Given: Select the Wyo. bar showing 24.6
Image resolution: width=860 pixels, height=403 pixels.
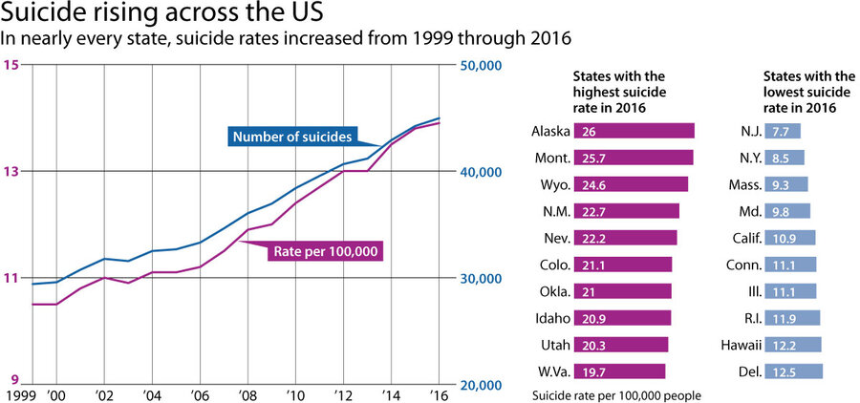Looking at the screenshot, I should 631,184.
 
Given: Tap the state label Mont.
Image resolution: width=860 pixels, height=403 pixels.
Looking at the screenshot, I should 553,158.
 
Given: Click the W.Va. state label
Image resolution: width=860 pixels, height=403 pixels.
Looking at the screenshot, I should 551,371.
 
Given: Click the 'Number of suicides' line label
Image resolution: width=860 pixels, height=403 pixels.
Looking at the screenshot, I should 292,137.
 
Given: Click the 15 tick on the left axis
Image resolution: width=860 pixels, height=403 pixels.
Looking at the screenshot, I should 12,65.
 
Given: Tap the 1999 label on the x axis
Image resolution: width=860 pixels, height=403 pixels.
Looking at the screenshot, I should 18,394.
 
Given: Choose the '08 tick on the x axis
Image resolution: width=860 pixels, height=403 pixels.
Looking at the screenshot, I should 247,394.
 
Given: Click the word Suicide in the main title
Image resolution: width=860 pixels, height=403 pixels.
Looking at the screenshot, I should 45,15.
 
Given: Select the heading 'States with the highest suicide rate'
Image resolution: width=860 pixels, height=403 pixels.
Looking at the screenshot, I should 618,93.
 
